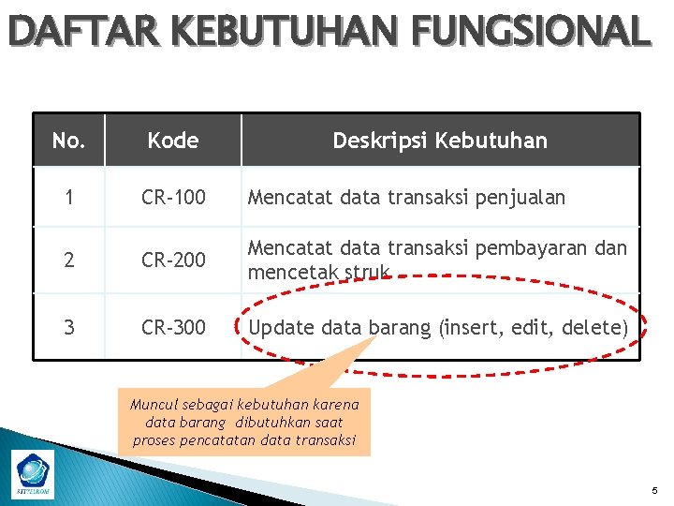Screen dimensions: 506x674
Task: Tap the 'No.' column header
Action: click(68, 141)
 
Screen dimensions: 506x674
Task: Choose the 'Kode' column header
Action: click(173, 141)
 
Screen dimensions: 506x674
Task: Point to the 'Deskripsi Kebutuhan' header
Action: click(440, 141)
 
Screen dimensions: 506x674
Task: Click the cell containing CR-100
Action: click(173, 197)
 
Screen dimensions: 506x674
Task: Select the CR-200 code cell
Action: click(173, 260)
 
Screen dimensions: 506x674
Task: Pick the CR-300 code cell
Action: click(173, 327)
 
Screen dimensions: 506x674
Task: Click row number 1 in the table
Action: click(68, 197)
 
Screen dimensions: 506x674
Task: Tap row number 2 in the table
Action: click(68, 260)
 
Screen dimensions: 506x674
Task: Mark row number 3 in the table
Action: click(68, 327)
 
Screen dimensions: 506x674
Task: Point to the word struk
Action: click(368, 272)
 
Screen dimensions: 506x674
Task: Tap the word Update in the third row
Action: click(282, 327)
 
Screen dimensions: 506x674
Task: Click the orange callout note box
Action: click(244, 423)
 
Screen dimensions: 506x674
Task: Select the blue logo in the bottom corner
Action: click(35, 471)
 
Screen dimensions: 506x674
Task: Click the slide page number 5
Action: click(653, 491)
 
